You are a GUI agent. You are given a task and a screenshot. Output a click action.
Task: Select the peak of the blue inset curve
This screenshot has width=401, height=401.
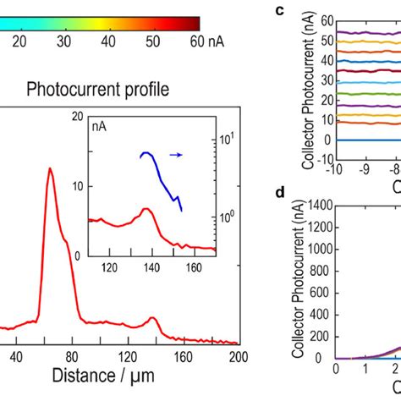146,153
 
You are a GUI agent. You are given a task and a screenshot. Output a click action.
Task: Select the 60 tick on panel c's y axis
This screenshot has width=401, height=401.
325,19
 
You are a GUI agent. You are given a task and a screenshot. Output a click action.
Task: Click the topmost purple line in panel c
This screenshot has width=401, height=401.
364,32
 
